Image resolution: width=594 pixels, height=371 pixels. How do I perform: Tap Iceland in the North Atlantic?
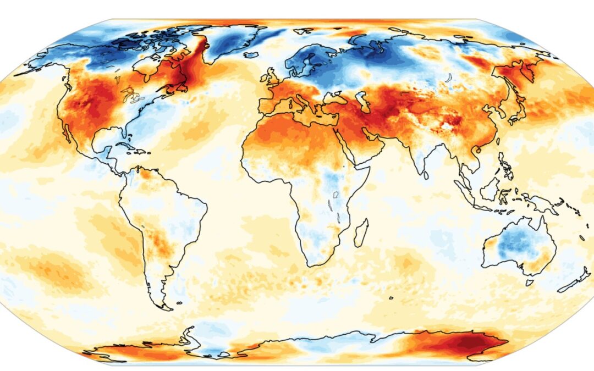(x=251, y=55)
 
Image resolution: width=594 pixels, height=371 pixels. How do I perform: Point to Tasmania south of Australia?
(x=529, y=282)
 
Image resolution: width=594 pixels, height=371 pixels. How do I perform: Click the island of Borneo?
(x=488, y=189)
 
